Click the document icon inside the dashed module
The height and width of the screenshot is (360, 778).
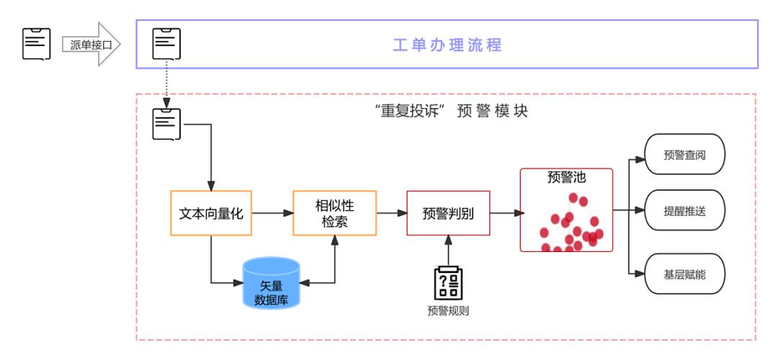pyautogui.click(x=166, y=123)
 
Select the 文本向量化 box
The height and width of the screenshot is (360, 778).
pyautogui.click(x=210, y=213)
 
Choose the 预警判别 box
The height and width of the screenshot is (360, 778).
pyautogui.click(x=448, y=213)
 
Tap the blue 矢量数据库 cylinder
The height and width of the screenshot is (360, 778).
pyautogui.click(x=271, y=282)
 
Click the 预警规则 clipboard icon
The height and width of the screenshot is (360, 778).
pyautogui.click(x=448, y=284)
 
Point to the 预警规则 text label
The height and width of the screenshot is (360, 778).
pyautogui.click(x=448, y=311)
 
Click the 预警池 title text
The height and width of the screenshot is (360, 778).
pyautogui.click(x=566, y=178)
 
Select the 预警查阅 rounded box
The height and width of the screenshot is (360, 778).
pyautogui.click(x=684, y=154)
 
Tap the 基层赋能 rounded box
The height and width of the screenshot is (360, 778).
pyautogui.click(x=684, y=274)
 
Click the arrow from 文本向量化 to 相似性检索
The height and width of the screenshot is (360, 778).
pyautogui.click(x=272, y=213)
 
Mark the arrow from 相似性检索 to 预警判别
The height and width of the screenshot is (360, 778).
pyautogui.click(x=392, y=213)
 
